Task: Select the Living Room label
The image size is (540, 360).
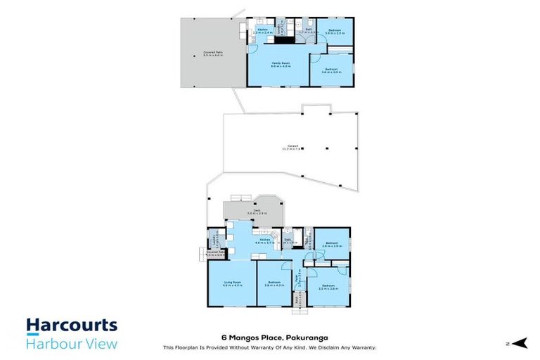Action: click(232, 284)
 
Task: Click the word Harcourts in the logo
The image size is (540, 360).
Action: click(72, 326)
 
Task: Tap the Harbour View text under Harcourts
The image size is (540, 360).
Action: click(72, 343)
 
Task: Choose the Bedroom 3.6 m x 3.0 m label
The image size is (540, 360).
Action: click(331, 70)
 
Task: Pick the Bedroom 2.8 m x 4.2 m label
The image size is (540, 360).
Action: click(273, 284)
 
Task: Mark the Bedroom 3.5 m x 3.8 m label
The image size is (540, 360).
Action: click(329, 287)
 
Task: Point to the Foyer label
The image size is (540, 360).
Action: click(299, 279)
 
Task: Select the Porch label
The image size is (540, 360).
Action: click(298, 300)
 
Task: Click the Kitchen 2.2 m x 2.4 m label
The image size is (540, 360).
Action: click(262, 31)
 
